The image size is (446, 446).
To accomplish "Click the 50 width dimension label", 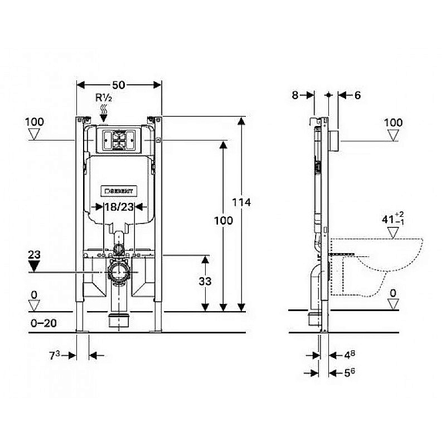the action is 119,85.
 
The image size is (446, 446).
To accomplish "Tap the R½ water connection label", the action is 104,98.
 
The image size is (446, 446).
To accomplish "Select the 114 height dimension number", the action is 241,202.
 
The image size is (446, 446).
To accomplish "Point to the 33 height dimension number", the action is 205,282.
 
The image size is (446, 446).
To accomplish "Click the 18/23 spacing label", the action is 119,207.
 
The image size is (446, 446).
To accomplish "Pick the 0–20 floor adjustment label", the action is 43,323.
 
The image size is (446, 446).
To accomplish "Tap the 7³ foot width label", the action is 54,355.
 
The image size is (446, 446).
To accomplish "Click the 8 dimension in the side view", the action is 295,95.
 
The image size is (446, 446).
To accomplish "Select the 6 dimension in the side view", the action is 357,95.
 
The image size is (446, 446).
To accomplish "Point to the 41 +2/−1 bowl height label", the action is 393,219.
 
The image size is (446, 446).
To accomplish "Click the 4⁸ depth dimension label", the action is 350,355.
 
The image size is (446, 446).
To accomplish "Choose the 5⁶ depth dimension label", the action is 350,372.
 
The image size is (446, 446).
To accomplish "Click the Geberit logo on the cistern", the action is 119,191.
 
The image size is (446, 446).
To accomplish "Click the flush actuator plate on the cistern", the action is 119,140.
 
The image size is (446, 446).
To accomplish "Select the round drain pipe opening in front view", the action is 119,273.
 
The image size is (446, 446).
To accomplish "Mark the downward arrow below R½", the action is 104,118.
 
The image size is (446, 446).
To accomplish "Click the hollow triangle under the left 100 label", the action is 34,134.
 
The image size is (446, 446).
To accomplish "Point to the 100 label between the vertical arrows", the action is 224,221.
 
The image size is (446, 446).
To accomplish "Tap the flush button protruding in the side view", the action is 333,141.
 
